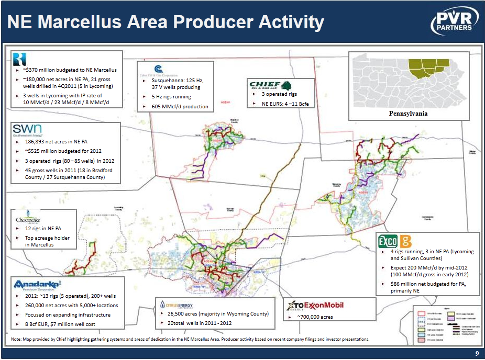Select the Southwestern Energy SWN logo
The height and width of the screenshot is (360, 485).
click(x=27, y=130)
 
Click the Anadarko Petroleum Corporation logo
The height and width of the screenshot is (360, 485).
click(x=40, y=285)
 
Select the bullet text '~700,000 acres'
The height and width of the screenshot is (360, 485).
click(x=315, y=317)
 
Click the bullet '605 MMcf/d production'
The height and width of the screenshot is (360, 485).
click(x=180, y=106)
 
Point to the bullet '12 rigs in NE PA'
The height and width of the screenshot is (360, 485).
click(x=43, y=229)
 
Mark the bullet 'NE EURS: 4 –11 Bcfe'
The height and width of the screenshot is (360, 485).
click(x=285, y=104)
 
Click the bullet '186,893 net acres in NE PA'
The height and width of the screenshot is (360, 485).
click(x=58, y=142)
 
